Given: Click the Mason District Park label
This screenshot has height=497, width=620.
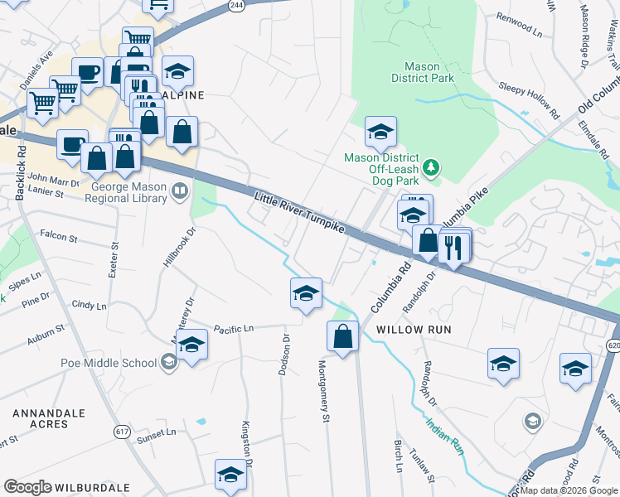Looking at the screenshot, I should pyautogui.click(x=429, y=72).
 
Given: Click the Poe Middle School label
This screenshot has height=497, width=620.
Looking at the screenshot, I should pyautogui.click(x=108, y=363).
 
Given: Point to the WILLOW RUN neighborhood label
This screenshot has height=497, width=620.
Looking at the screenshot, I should pyautogui.click(x=414, y=330).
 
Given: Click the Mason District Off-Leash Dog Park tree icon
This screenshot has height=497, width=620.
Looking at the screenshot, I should pyautogui.click(x=431, y=168).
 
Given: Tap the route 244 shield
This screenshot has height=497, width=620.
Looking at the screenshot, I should pyautogui.click(x=237, y=5).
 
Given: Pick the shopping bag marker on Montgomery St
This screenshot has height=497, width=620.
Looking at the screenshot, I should pyautogui.click(x=342, y=336).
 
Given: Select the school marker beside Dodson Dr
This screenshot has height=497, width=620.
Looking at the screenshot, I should pyautogui.click(x=306, y=293).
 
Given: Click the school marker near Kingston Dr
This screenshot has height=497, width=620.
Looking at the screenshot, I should pyautogui.click(x=230, y=475).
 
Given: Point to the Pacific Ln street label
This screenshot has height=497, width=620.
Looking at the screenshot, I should pyautogui.click(x=233, y=329).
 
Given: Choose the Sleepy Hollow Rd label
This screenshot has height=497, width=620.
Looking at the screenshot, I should pyautogui.click(x=529, y=97).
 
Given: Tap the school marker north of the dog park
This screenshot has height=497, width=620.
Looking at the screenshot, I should pyautogui.click(x=380, y=132).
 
